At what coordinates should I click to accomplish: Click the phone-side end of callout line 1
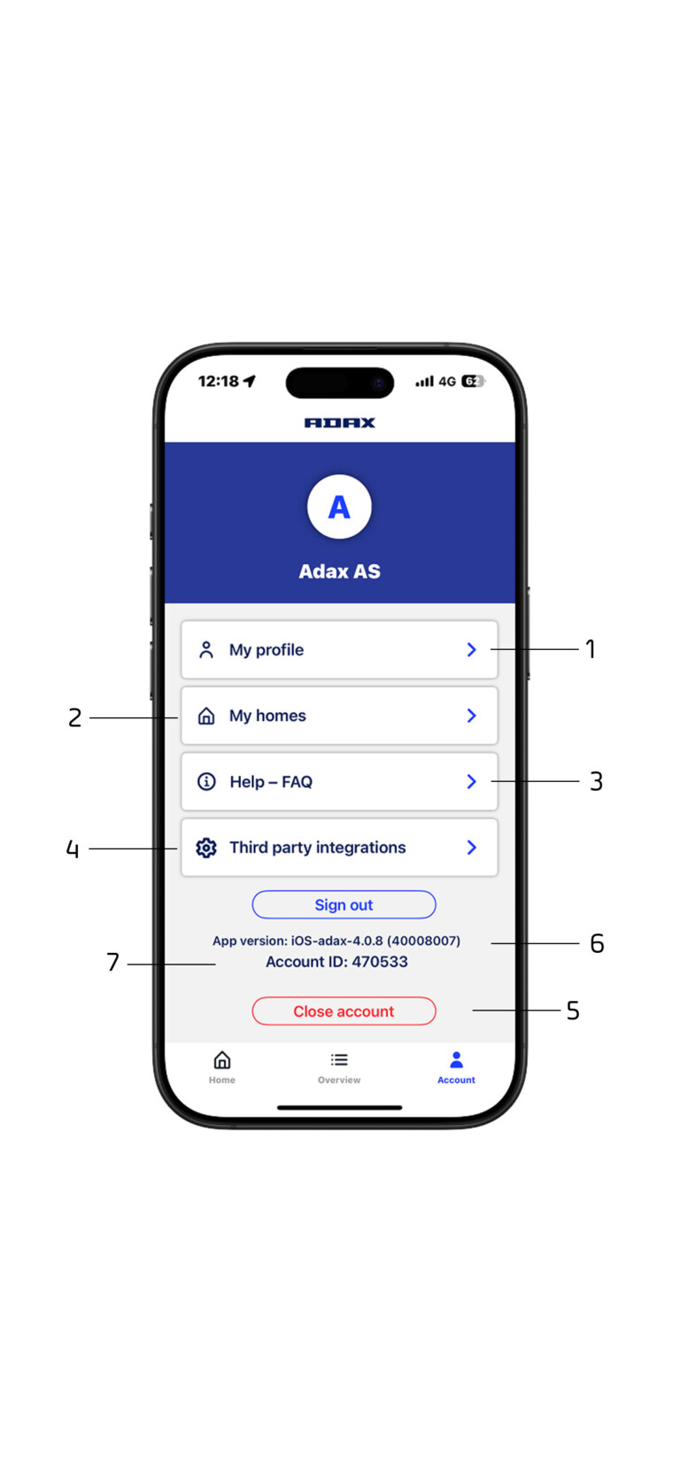pos(491,649)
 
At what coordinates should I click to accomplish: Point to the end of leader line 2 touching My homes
pos(177,717)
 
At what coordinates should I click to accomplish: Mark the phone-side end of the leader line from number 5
pos(473,1010)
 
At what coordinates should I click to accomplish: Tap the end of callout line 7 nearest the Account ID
pos(215,964)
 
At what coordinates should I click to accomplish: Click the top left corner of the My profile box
pos(182,622)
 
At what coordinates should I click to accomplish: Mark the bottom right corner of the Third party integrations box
pos(498,875)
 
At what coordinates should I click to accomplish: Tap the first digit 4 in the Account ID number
pos(358,962)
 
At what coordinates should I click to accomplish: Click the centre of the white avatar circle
pos(339,507)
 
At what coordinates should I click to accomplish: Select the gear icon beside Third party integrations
pos(206,848)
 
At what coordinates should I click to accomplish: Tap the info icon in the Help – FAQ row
pos(206,781)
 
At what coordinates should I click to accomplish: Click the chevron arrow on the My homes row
pos(471,716)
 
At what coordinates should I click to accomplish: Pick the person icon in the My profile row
pos(206,650)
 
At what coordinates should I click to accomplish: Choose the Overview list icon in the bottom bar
pos(339,1059)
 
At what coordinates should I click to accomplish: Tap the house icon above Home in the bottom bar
pos(222,1059)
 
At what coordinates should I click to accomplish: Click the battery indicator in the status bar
pos(473,381)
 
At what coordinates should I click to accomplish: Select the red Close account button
pos(344,1011)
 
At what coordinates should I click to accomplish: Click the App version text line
pos(336,941)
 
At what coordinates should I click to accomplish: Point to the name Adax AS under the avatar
pos(340,571)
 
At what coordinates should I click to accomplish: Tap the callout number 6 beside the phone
pos(597,943)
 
